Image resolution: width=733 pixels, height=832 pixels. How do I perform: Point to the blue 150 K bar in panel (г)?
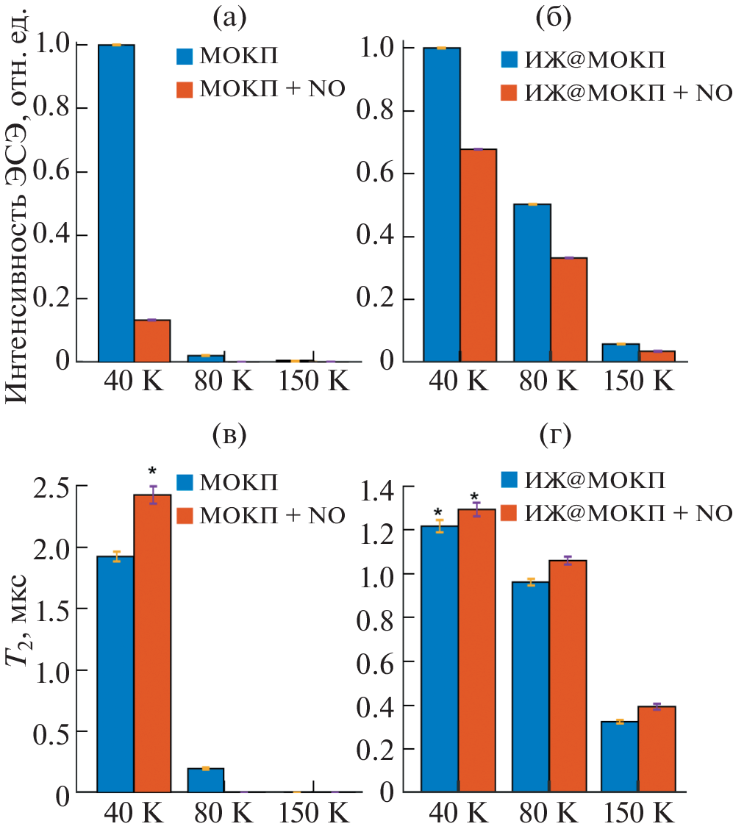click(x=620, y=757)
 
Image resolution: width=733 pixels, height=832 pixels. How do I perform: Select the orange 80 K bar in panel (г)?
click(x=568, y=676)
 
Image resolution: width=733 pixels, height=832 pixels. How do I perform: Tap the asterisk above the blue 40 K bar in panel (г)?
click(x=438, y=513)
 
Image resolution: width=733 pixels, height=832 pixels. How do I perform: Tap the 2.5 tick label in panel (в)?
click(x=55, y=487)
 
